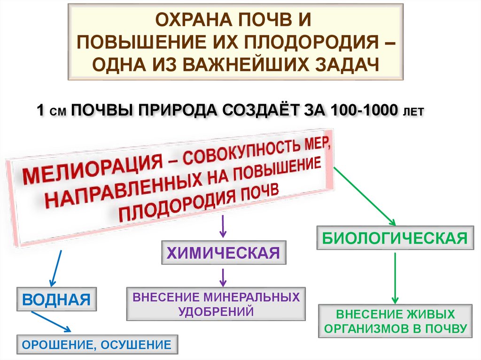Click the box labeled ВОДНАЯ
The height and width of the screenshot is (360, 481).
click(x=56, y=299)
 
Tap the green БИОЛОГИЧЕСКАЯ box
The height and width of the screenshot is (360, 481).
click(x=394, y=237)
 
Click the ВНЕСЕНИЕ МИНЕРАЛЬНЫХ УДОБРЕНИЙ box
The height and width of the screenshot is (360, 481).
click(x=216, y=304)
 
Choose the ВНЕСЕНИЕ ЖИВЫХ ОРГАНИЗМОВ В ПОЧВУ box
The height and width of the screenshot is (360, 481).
click(x=395, y=321)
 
